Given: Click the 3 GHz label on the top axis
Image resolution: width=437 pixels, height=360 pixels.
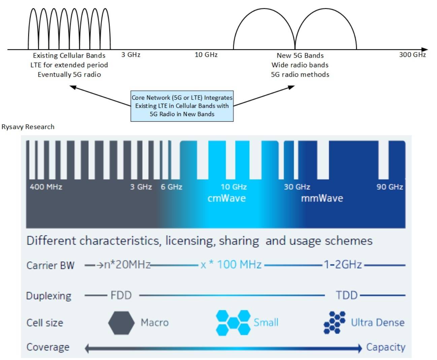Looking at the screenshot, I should point(131,55).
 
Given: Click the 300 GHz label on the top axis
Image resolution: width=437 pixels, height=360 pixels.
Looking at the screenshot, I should point(412,55).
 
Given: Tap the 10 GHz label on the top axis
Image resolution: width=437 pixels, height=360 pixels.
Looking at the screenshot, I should point(206,55).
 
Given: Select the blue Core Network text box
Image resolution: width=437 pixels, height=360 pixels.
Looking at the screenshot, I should point(182,106).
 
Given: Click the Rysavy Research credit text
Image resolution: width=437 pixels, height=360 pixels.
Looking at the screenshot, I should point(28,127).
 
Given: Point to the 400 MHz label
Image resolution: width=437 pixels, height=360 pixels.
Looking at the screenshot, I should point(46,187).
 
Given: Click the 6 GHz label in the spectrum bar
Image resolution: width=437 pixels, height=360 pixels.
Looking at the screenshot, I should point(171,187).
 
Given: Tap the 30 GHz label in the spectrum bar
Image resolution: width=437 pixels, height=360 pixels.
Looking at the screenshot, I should point(297,187).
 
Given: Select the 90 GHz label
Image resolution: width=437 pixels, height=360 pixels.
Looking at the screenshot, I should point(390,187).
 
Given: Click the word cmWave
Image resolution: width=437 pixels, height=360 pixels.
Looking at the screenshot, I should point(227,198).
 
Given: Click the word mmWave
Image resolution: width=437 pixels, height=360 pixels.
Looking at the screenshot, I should point(322,198).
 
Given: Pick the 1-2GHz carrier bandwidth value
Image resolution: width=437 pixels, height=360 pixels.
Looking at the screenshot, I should point(343,265).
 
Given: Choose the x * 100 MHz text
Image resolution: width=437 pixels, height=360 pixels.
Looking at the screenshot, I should point(231,265).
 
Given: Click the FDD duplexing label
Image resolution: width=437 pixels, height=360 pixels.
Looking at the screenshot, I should point(121,295).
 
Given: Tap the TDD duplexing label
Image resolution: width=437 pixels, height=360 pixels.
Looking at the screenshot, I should point(346,295).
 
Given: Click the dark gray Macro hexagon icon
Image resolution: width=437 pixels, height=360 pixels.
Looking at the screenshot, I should point(121,323).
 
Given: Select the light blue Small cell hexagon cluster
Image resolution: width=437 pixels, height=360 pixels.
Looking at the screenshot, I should point(233,323).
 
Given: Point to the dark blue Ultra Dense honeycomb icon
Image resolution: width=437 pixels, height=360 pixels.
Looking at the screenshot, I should point(335,322).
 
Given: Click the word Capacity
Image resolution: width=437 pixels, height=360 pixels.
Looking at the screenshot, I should point(385,347).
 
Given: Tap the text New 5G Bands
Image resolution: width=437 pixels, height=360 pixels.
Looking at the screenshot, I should point(300,56).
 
